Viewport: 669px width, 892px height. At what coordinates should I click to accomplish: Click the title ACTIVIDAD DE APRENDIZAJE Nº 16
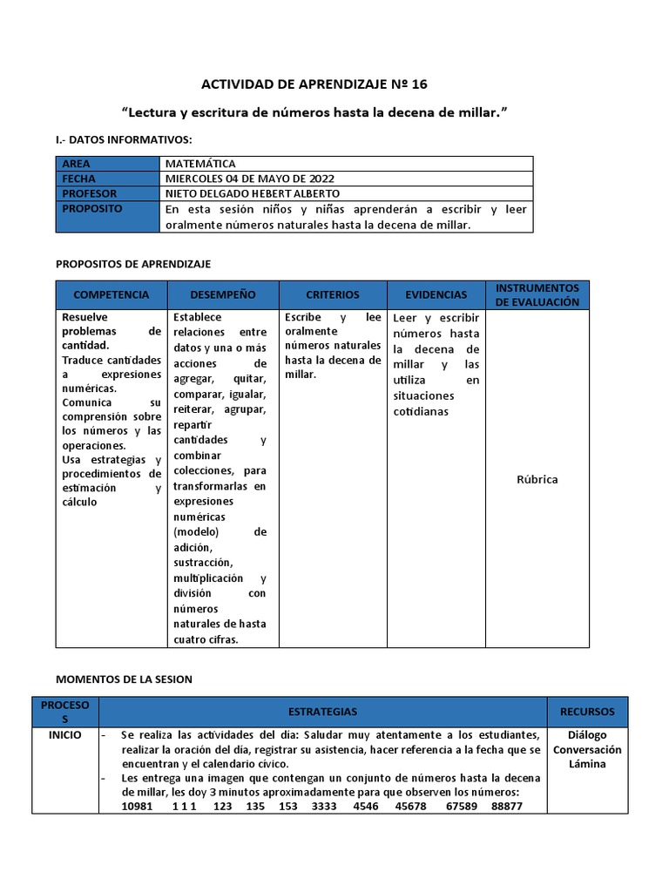pyautogui.click(x=314, y=84)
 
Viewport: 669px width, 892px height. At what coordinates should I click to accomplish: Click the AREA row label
pyautogui.click(x=76, y=164)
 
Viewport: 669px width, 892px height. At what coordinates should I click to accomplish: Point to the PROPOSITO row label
pyautogui.click(x=92, y=209)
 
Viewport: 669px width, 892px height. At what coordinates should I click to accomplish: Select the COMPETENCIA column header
pyautogui.click(x=111, y=295)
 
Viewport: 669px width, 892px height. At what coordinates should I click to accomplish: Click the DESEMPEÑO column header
pyautogui.click(x=223, y=295)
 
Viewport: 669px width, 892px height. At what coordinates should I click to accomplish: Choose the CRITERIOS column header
pyautogui.click(x=332, y=295)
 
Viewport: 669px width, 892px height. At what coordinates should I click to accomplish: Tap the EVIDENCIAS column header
pyautogui.click(x=436, y=295)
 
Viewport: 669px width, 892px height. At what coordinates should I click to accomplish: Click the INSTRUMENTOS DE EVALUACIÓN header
pyautogui.click(x=537, y=294)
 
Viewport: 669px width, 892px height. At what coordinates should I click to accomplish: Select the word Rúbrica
pyautogui.click(x=537, y=480)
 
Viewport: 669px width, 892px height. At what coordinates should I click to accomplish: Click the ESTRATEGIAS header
pyautogui.click(x=322, y=712)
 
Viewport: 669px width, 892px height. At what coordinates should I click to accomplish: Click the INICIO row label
pyautogui.click(x=65, y=734)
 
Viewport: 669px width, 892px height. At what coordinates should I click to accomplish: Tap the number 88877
pyautogui.click(x=506, y=807)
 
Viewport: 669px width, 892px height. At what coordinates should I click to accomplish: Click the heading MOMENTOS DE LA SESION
pyautogui.click(x=124, y=679)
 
